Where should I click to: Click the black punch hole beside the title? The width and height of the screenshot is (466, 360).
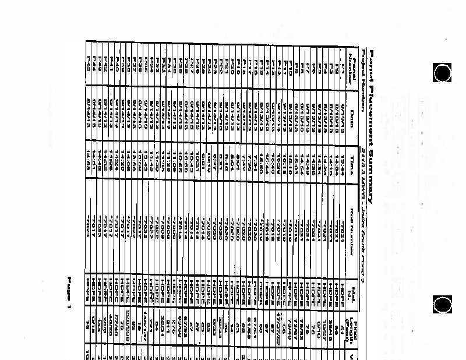tap(443, 73)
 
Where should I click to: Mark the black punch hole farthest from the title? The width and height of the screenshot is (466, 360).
tap(443, 305)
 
